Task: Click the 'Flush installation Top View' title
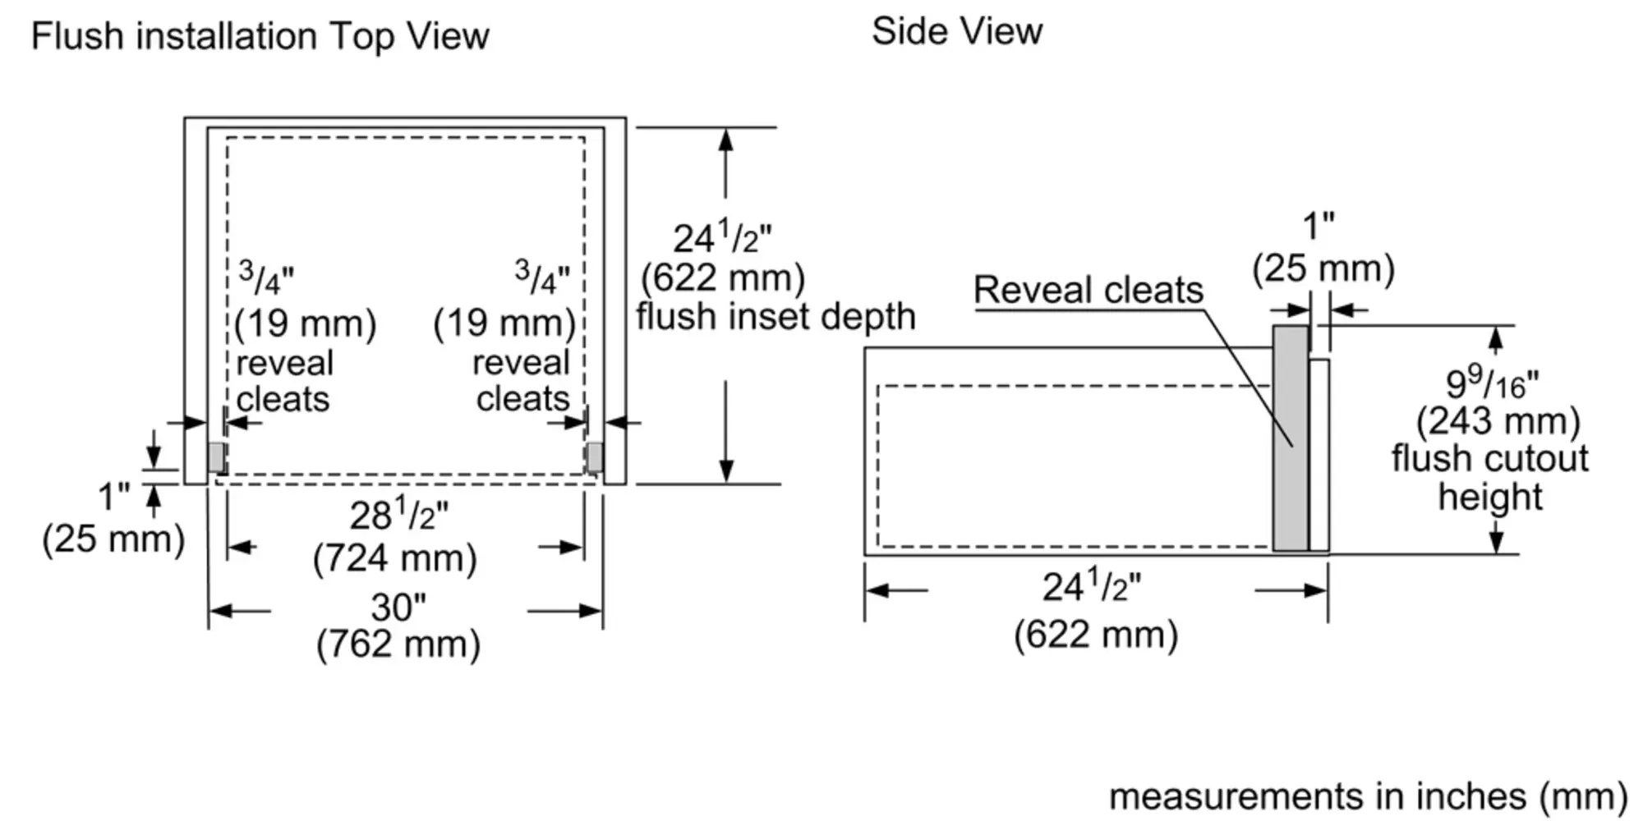(260, 37)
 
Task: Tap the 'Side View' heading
(956, 32)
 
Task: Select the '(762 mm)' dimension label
(398, 644)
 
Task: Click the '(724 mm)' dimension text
(395, 559)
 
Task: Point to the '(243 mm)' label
(1498, 421)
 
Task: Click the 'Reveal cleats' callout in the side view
(1088, 291)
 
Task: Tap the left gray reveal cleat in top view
(217, 456)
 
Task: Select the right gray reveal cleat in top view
(594, 456)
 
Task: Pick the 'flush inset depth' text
(775, 317)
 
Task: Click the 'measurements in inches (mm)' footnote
(1368, 796)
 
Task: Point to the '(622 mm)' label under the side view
(1096, 635)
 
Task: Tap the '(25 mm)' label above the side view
(1323, 268)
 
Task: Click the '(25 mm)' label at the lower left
(113, 539)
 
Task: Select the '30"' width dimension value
(398, 608)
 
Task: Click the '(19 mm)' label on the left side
(305, 323)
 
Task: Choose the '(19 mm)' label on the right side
(504, 323)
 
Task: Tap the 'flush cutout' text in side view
(1489, 458)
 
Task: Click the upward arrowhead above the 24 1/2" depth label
(725, 140)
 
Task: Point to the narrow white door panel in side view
(1319, 455)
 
